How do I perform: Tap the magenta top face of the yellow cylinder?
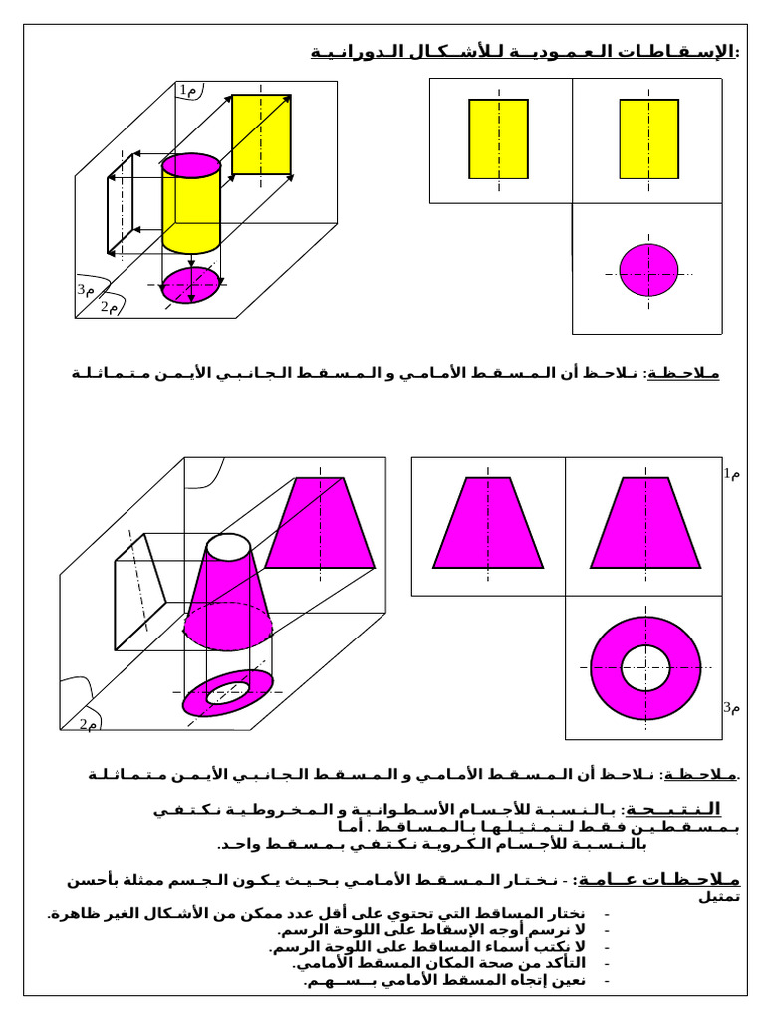coord(191,164)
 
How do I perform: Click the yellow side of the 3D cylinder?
coord(191,211)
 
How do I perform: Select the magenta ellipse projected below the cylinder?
coord(192,286)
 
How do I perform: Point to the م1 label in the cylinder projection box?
coord(189,91)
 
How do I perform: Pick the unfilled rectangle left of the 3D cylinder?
coord(120,202)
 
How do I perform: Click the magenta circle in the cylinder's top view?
coord(648,270)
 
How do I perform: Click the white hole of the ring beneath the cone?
coord(228,692)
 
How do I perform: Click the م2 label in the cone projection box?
coord(88,724)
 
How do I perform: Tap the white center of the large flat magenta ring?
coord(646,667)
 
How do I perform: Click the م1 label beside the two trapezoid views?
coord(732,474)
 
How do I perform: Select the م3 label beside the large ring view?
coord(732,708)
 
